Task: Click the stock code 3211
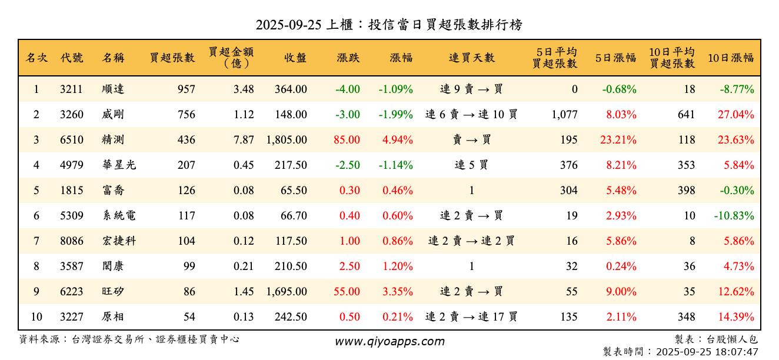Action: tap(71, 89)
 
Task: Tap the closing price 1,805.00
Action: tap(287, 140)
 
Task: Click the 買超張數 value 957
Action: tap(186, 89)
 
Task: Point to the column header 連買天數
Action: tap(471, 58)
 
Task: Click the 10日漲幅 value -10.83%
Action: tap(734, 216)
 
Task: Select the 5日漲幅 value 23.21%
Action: tap(621, 140)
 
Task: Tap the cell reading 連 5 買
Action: tap(471, 165)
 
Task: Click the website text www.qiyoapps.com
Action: tap(389, 341)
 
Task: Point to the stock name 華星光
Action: tap(118, 165)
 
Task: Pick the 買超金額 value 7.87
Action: tap(244, 140)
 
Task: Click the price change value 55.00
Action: tap(347, 292)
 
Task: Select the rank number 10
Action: tap(36, 317)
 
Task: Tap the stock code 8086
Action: tap(71, 241)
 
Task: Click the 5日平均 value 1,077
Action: tap(564, 115)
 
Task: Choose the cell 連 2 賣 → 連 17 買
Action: tap(471, 317)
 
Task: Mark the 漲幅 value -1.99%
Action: tap(395, 115)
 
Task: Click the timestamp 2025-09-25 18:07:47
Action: tap(710, 352)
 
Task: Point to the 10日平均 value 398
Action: tap(685, 191)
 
